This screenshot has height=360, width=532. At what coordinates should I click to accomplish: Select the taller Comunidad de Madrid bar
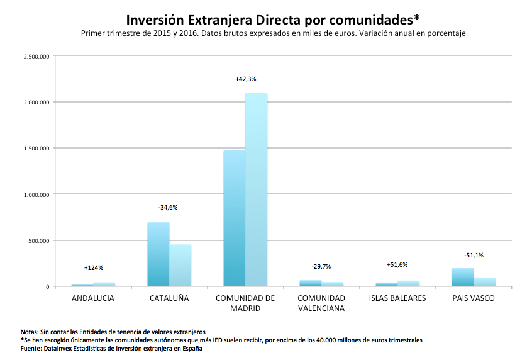tap(256, 189)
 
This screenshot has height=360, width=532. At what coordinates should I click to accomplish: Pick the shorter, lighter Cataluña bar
tap(180, 265)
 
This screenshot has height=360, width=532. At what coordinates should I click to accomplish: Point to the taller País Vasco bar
tap(462, 277)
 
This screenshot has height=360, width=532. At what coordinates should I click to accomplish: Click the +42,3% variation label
tap(246, 79)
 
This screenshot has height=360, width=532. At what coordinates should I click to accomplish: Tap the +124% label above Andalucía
tap(93, 268)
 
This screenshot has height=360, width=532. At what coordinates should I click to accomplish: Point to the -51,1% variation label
tap(473, 255)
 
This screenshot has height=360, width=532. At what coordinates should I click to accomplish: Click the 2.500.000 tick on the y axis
tap(36, 56)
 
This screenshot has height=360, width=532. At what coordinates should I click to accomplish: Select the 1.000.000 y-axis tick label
tap(36, 194)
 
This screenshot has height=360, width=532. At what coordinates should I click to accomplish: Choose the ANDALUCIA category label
tap(93, 298)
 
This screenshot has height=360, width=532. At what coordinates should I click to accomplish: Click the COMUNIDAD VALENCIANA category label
tap(321, 303)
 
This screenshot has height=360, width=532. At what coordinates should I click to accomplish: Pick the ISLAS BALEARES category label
tap(397, 298)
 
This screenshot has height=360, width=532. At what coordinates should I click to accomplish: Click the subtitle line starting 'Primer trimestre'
tap(273, 33)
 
